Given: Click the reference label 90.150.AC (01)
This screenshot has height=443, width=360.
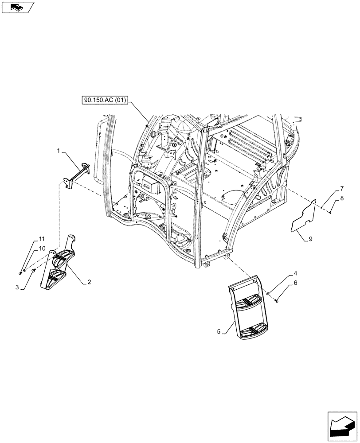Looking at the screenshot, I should coord(105,100).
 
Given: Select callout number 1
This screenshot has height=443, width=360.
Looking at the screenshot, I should coord(59,152).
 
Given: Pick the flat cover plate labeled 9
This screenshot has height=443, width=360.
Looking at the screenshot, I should coord(306,217).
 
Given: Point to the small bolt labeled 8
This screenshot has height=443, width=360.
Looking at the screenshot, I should coord(331,214).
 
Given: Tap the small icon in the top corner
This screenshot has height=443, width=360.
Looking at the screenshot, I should coord(17,7).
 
